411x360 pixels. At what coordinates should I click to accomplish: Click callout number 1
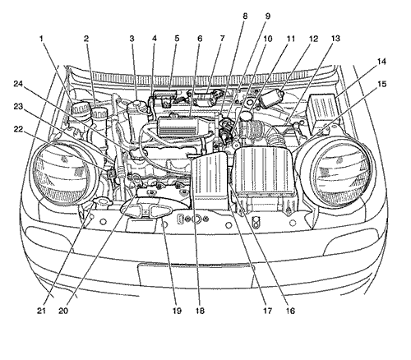point(42,39)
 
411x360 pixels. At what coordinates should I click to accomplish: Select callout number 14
point(381,62)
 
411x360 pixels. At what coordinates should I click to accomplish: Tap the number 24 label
point(18,84)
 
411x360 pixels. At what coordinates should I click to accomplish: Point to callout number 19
point(177,311)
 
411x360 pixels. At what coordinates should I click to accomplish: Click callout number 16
point(290,311)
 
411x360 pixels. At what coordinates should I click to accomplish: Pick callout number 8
point(245,16)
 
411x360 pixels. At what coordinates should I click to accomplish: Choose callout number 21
point(41,311)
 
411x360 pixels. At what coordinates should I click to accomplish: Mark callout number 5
point(177,39)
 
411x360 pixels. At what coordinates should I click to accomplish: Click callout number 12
point(314,39)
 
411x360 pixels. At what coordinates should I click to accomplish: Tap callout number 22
point(18,129)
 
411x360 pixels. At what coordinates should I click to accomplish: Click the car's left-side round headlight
point(64,173)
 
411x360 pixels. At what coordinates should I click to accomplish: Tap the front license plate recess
point(196,274)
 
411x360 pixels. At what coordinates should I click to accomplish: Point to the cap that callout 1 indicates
point(81,108)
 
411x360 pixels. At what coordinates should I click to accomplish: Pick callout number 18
point(200,311)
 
